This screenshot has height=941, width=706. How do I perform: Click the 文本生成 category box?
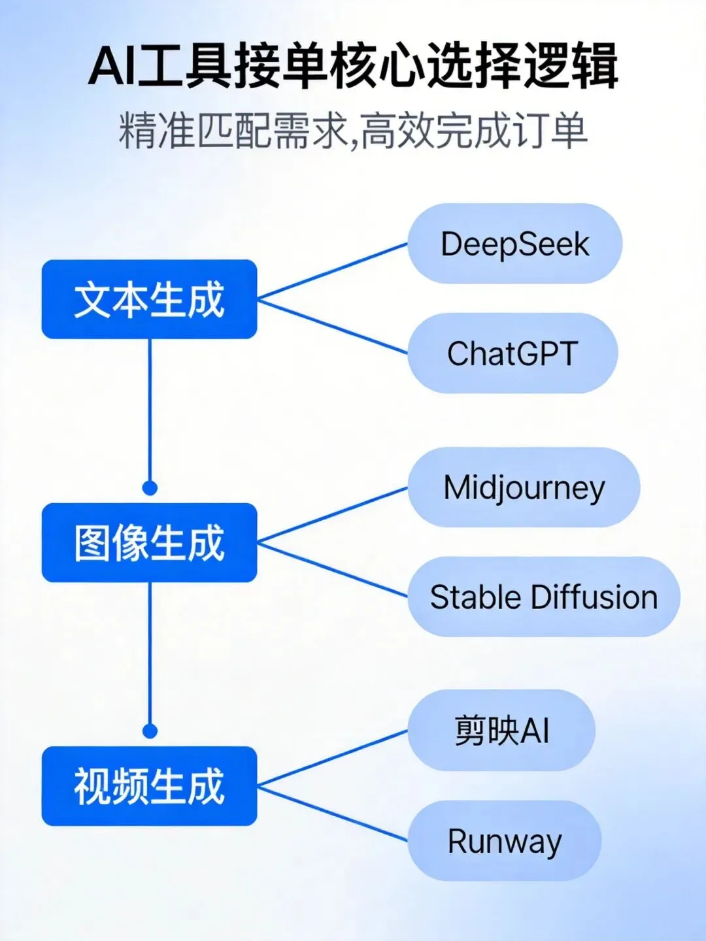(x=149, y=299)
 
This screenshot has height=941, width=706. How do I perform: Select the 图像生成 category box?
(x=149, y=542)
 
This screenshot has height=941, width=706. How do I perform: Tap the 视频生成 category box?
(x=149, y=785)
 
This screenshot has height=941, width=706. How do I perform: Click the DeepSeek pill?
(x=515, y=244)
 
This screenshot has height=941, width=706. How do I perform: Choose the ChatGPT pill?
(x=513, y=354)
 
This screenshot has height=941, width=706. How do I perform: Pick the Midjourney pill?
(x=524, y=487)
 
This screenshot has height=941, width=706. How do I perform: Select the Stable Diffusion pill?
(x=544, y=597)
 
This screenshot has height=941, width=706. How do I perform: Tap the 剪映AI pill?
(x=501, y=730)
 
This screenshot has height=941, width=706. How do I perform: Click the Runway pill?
(x=504, y=841)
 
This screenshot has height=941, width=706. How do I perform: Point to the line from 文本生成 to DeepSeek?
(x=332, y=271)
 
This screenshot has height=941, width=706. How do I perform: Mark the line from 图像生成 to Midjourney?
(x=332, y=516)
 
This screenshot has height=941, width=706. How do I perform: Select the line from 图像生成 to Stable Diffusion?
(x=332, y=570)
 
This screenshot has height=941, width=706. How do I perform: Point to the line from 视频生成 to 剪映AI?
(x=332, y=758)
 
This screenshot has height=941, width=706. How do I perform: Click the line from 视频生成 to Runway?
(x=332, y=813)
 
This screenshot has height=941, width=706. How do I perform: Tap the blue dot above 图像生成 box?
(x=150, y=488)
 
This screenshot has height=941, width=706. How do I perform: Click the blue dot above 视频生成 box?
(x=150, y=731)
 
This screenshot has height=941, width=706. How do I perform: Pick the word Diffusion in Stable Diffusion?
(x=594, y=597)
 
